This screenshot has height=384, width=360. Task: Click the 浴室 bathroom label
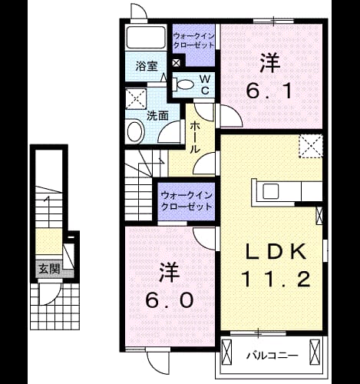pos(147,66)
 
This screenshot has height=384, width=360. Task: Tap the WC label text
pos(205,84)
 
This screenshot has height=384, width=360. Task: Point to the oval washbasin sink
pos(135,132)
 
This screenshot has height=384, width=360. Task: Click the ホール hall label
pos(195,137)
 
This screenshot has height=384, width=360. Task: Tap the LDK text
pos(276,252)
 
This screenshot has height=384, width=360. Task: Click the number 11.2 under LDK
pos(276,279)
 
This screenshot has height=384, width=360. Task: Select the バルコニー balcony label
pos(272,356)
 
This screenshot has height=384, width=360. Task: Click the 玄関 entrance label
pos(49,269)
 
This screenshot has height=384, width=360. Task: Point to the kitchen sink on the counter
pos(271,191)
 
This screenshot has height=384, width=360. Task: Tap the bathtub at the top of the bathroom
pos(146,37)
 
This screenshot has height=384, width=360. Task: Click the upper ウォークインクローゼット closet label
pos(193,41)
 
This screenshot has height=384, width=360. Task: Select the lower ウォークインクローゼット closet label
pos(187,200)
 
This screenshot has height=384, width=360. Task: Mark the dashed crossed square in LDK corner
pos(311,146)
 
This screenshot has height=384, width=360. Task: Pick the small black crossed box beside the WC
pos(177,63)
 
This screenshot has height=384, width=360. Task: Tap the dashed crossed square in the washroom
pos(136,99)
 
